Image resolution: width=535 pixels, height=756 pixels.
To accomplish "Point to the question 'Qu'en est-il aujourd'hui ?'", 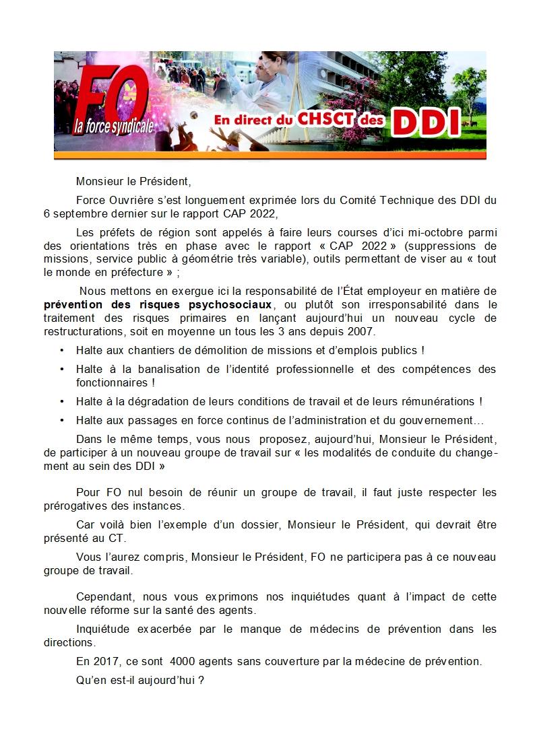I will click(140, 680).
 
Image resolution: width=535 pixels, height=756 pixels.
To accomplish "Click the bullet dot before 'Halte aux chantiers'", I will click(62, 351).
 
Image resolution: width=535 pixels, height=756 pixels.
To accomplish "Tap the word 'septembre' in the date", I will click(75, 215).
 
